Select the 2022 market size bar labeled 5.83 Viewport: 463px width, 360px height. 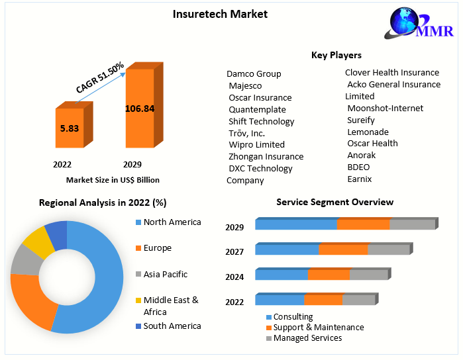(69, 128)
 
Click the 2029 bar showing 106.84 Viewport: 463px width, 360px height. (140, 109)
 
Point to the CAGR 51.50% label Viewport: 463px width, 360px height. (100, 77)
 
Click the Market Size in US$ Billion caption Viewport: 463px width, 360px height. (113, 179)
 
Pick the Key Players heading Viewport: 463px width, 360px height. (336, 55)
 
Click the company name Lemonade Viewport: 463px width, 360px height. (368, 132)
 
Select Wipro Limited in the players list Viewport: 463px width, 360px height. (256, 144)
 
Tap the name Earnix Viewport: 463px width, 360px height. (360, 179)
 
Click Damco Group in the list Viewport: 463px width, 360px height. (254, 73)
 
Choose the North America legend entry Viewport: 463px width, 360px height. (172, 222)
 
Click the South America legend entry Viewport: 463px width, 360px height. (172, 326)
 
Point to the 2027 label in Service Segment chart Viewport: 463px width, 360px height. (234, 251)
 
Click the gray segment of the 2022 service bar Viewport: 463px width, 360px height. (358, 300)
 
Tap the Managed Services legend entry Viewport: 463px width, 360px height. (307, 338)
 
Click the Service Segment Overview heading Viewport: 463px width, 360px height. (334, 202)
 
